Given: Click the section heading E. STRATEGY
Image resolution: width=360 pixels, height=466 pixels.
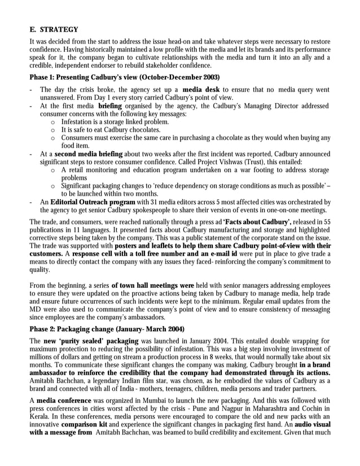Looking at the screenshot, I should click(x=54, y=29).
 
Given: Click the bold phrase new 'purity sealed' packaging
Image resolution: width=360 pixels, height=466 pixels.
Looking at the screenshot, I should click(x=90, y=342).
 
